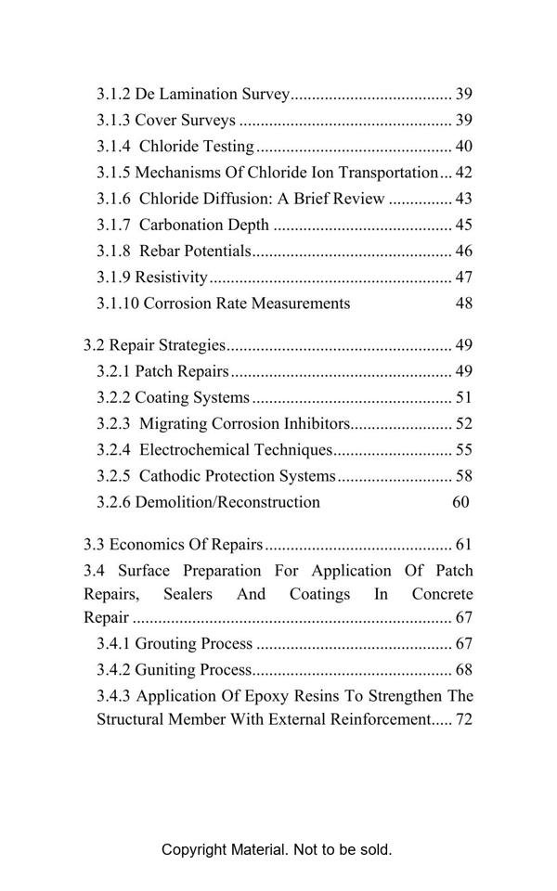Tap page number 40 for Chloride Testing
(x=464, y=147)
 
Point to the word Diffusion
(x=242, y=199)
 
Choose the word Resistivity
(x=171, y=277)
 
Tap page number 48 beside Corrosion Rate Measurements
(x=464, y=303)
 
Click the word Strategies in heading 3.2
(x=192, y=345)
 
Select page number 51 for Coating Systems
(x=464, y=398)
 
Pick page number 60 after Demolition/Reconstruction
(x=460, y=502)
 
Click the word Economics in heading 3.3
(x=152, y=545)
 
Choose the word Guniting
(x=164, y=669)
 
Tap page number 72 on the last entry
(x=464, y=719)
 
